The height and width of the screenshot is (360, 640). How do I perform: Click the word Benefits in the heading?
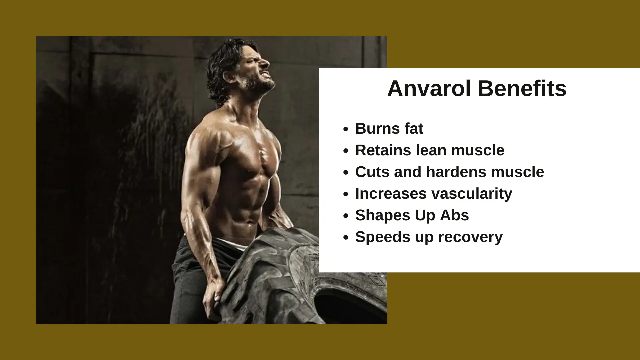tap(522, 89)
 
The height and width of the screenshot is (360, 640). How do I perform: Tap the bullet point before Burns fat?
tap(346, 129)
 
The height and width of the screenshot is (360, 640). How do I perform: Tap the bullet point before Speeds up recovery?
tap(346, 238)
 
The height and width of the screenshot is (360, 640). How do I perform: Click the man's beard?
tap(262, 83)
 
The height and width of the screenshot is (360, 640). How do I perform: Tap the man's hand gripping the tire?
tap(213, 298)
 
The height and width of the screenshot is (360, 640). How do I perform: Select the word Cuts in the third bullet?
tap(370, 172)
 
